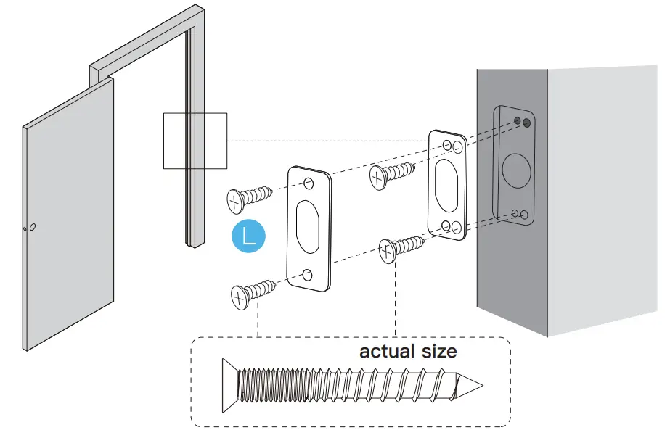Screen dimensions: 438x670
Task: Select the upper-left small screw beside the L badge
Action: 248,197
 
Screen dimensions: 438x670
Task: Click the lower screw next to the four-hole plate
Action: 399,248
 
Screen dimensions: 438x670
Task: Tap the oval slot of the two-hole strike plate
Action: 308,227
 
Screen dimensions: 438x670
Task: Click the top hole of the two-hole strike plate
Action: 309,182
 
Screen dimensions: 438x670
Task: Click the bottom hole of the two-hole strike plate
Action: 308,275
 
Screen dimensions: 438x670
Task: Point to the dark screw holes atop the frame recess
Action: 520,121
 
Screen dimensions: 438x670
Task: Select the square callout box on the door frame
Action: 195,141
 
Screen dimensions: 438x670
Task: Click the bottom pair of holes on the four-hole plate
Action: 451,226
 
